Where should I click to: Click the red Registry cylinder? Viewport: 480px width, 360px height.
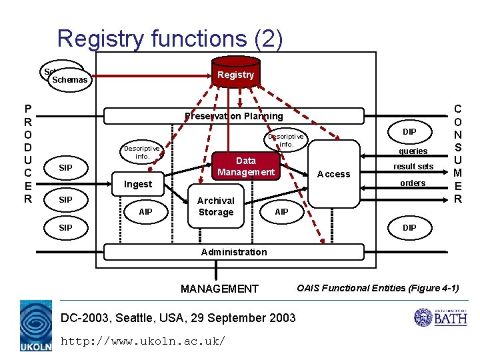tap(235, 74)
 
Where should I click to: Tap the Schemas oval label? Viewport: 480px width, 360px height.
tap(69, 80)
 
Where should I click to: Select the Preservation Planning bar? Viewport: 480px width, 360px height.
tap(234, 116)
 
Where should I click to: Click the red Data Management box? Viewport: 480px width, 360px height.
tap(245, 167)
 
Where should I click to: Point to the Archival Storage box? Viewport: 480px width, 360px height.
tap(215, 206)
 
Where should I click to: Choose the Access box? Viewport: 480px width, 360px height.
tap(334, 174)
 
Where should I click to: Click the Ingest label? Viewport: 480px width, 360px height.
tap(138, 184)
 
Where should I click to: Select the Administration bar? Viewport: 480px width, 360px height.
tap(233, 252)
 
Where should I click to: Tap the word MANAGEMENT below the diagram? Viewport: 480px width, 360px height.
tap(219, 289)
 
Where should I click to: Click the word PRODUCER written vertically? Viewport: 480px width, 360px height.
tap(27, 153)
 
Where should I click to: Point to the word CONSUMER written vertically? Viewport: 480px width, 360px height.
tap(457, 153)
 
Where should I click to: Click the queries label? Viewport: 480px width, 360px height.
tap(413, 151)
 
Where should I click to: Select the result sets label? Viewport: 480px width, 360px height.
tap(413, 166)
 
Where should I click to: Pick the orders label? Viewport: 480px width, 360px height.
tap(413, 183)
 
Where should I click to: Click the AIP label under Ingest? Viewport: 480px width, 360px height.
tap(145, 212)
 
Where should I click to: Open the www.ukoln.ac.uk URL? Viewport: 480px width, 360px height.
tap(143, 341)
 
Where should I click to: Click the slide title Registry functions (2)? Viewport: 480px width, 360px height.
tap(170, 38)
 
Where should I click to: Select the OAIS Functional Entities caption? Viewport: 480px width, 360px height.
tap(378, 288)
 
